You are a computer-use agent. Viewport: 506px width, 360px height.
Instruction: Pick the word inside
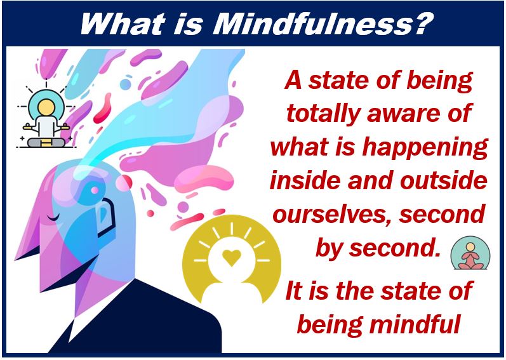click(x=305, y=180)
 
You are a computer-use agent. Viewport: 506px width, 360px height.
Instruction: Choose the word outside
click(x=444, y=180)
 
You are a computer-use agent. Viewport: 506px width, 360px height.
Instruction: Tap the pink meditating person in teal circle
click(x=470, y=257)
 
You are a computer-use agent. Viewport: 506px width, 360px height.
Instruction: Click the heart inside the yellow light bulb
click(x=232, y=257)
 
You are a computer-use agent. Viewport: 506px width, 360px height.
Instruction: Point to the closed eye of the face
click(x=53, y=218)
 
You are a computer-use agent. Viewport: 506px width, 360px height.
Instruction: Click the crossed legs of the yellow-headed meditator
click(x=46, y=143)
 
